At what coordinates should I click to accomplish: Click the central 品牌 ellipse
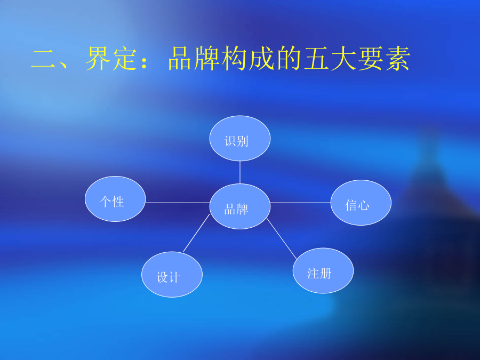click(x=240, y=206)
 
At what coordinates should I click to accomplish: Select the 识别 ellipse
click(x=240, y=138)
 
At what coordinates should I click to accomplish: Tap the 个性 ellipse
click(x=115, y=199)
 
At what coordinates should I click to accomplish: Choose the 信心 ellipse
click(x=361, y=203)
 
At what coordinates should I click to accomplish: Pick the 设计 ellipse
click(x=172, y=274)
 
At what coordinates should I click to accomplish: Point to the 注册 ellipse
click(x=323, y=270)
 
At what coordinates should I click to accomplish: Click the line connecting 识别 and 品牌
click(x=240, y=172)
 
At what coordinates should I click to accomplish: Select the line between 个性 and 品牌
click(x=178, y=203)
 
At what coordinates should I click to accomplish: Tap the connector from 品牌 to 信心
click(x=301, y=203)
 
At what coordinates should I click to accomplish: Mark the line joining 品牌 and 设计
click(x=196, y=233)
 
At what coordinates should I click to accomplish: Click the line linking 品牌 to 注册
click(x=282, y=239)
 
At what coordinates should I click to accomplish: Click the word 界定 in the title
click(x=111, y=59)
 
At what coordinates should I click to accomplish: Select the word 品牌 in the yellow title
click(x=194, y=59)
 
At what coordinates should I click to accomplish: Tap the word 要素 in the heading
click(x=384, y=59)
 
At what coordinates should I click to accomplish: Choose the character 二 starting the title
click(x=44, y=59)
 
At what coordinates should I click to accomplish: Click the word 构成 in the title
click(x=248, y=59)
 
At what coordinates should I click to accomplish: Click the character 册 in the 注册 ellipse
click(x=325, y=274)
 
